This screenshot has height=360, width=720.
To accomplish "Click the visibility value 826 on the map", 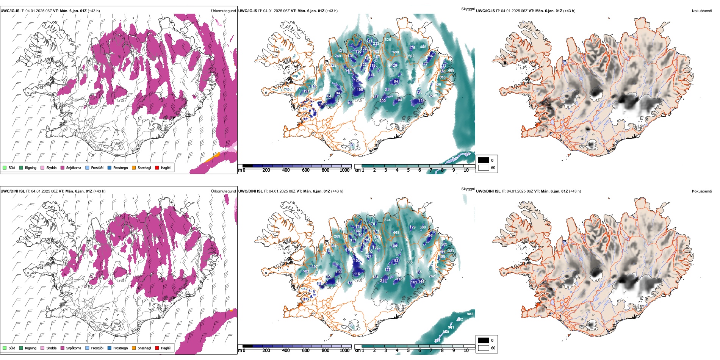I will [388, 40].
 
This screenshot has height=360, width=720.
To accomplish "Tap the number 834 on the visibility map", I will [387, 220].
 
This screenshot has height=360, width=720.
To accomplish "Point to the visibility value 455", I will [423, 47].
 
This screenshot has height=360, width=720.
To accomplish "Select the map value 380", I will [423, 227].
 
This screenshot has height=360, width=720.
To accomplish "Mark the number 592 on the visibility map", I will [411, 56].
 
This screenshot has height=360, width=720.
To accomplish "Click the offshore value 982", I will [470, 314].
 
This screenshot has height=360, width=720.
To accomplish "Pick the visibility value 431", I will [341, 51].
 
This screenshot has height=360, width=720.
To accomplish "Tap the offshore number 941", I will [451, 327].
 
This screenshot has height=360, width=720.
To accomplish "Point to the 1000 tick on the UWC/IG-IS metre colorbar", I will [344, 170].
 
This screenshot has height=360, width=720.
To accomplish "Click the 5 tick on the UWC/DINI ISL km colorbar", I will [408, 351].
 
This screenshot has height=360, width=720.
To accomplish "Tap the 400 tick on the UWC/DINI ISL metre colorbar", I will [286, 351].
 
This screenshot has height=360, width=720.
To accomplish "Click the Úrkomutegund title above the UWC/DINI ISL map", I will [223, 191].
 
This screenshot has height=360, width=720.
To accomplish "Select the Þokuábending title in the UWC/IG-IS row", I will [702, 11].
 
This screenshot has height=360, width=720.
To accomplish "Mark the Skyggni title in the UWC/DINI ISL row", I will [468, 189].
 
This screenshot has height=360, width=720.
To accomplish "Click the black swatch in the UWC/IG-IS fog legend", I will [484, 160].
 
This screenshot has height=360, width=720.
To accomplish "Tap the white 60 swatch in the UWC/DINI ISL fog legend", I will [484, 348].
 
